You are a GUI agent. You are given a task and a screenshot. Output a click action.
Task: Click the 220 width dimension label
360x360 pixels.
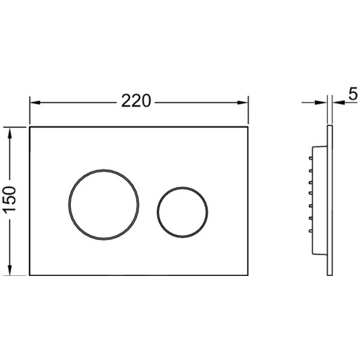tap(136, 101)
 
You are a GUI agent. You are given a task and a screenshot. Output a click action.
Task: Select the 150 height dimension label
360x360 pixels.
tap(10, 199)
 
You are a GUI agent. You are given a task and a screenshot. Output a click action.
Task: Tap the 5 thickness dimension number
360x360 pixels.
tap(353, 94)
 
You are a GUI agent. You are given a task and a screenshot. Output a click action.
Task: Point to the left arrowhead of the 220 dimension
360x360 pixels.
tap(35, 103)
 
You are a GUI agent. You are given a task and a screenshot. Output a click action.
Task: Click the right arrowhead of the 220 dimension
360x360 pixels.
tap(242, 103)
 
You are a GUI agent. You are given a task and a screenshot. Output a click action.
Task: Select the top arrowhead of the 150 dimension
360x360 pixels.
tap(10, 132)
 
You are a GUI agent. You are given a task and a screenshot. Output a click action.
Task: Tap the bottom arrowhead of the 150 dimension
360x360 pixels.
tap(10, 270)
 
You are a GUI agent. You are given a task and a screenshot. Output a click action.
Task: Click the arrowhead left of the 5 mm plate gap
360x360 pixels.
tap(321, 103)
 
